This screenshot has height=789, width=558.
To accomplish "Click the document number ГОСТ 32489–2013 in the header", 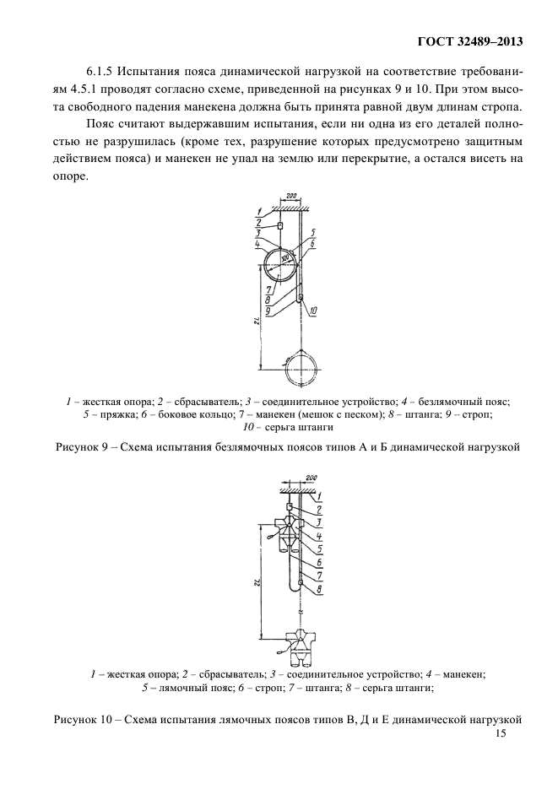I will (x=469, y=41).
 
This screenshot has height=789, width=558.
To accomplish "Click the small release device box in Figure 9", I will (x=279, y=226).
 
